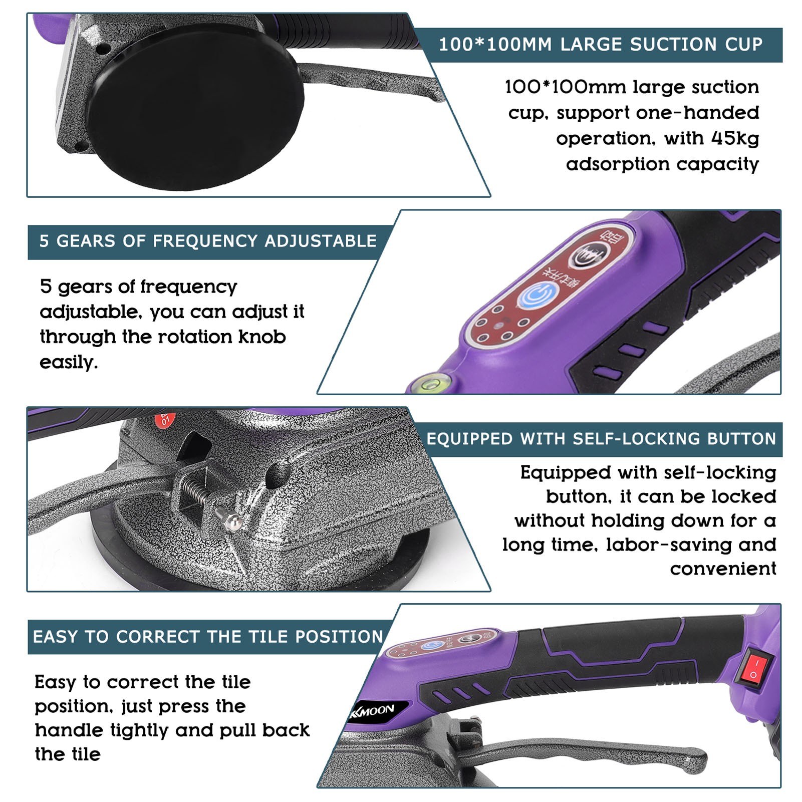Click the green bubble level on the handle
pos(430,382)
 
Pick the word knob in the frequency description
pos(261,337)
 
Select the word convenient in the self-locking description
pos(723,569)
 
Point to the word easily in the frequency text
pos(68,362)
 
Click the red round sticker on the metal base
pos(165,420)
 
